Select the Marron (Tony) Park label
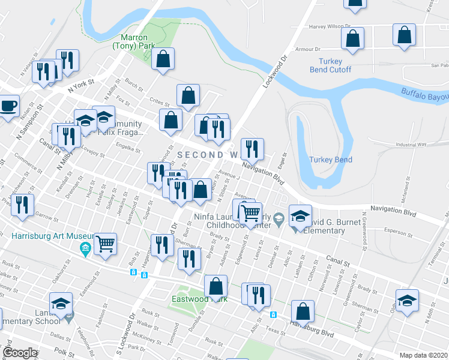click(134, 41)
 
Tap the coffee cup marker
click(8, 107)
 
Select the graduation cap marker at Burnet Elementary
click(301, 215)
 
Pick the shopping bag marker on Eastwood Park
click(215, 286)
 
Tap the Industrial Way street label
click(411, 145)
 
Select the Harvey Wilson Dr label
click(329, 27)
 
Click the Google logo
click(20, 353)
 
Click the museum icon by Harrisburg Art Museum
click(85, 248)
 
